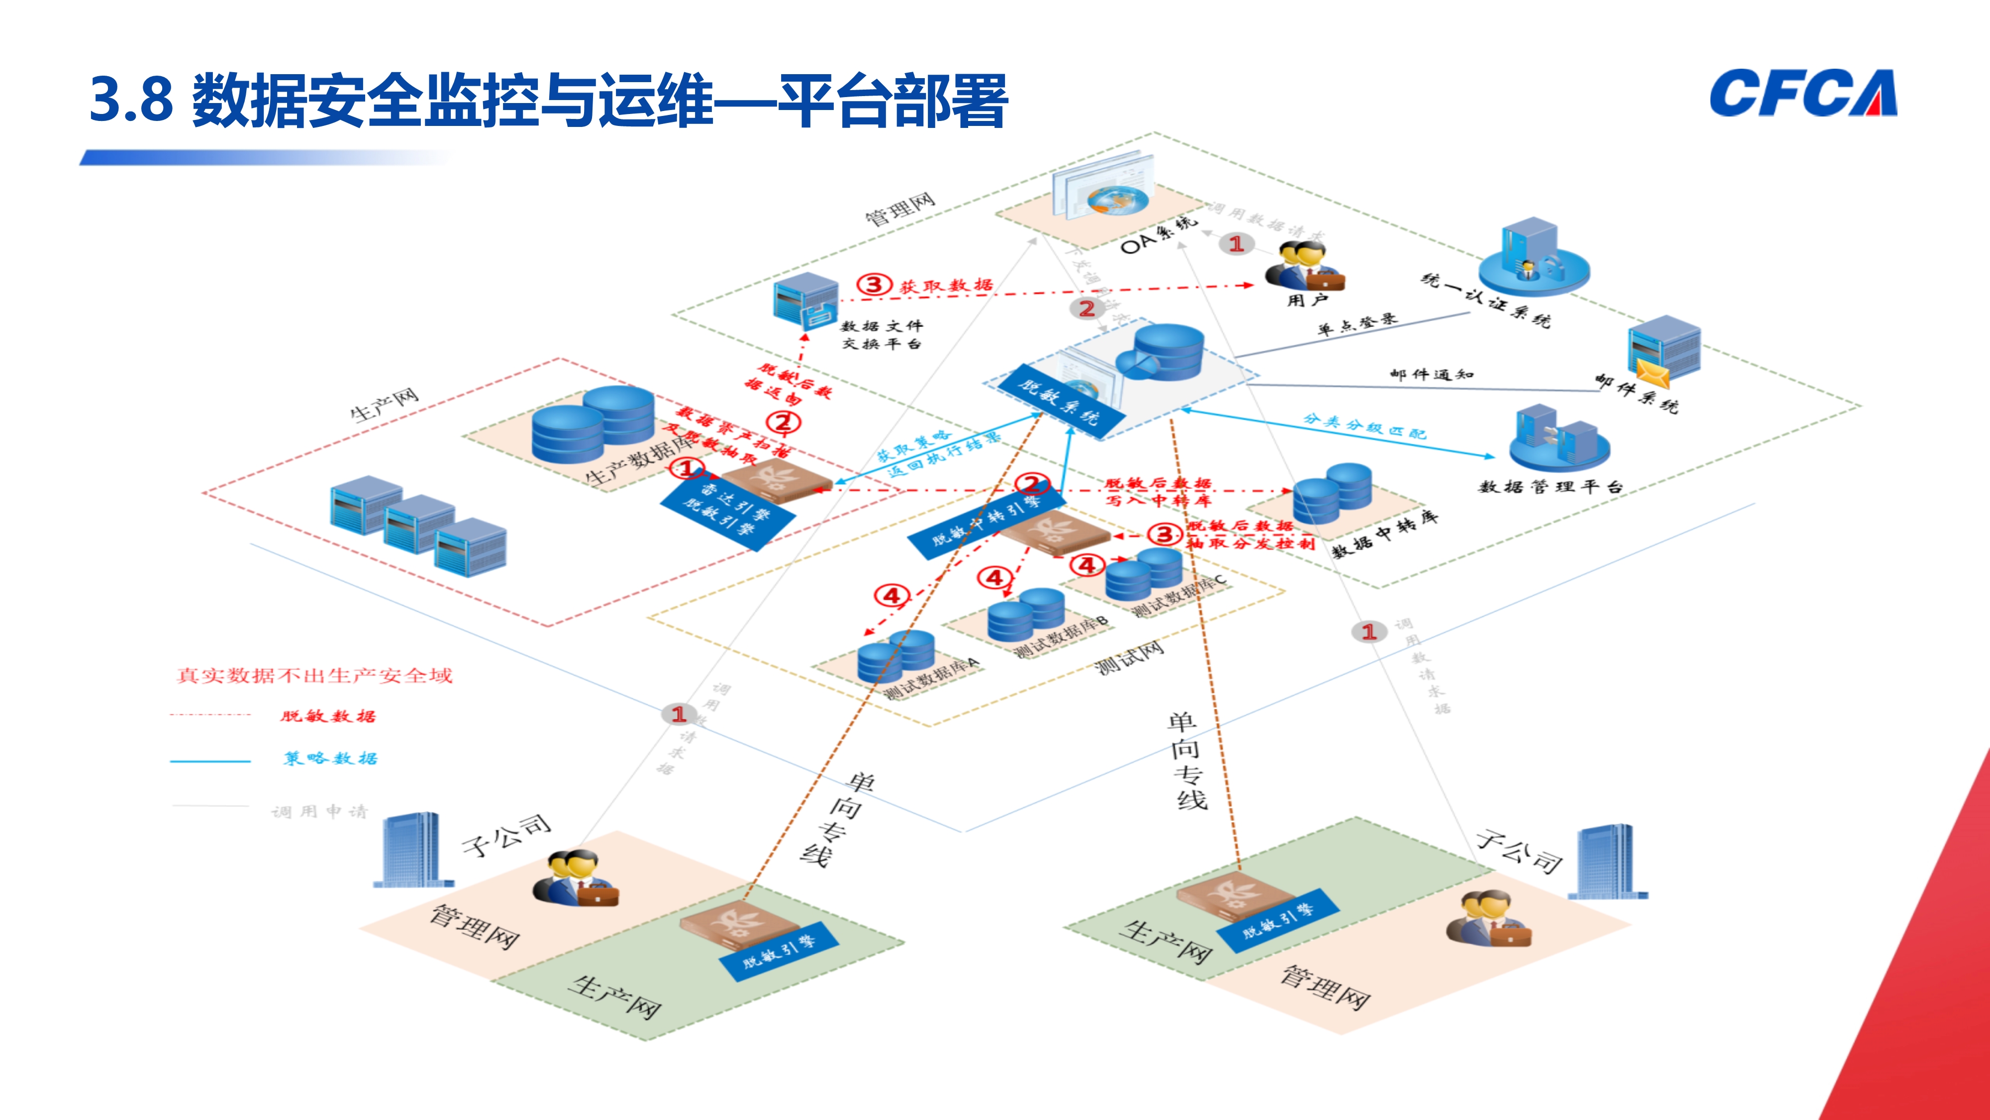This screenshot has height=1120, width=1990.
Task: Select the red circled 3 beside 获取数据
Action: pos(874,284)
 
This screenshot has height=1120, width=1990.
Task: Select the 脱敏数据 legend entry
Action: pos(327,716)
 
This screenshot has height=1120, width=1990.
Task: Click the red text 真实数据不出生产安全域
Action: pos(313,675)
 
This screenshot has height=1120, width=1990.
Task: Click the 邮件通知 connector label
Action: pos(1431,375)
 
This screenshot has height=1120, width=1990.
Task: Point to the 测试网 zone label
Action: pos(1129,658)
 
